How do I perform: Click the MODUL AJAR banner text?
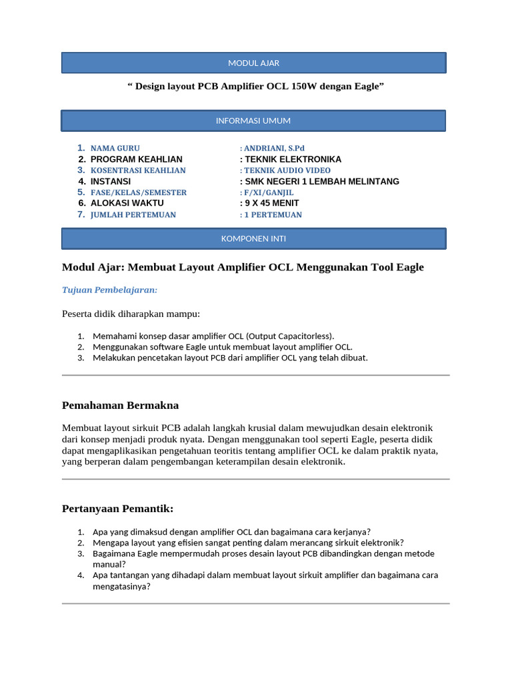[x=253, y=63]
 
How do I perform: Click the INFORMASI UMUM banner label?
[x=253, y=121]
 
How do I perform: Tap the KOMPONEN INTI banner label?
[x=253, y=238]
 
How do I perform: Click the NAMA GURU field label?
[x=115, y=149]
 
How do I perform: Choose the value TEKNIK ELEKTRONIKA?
[x=293, y=160]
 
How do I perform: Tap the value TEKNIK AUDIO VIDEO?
[x=287, y=170]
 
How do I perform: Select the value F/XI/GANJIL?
[x=269, y=192]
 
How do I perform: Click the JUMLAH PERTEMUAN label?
[x=133, y=214]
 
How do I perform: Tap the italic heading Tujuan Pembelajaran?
[x=109, y=290]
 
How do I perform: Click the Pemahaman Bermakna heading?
[x=120, y=405]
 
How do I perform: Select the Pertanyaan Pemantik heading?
[x=117, y=509]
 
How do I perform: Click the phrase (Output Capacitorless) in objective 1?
[x=290, y=336]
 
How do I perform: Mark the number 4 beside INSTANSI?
[x=81, y=182]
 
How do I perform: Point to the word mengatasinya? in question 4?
[x=121, y=587]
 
